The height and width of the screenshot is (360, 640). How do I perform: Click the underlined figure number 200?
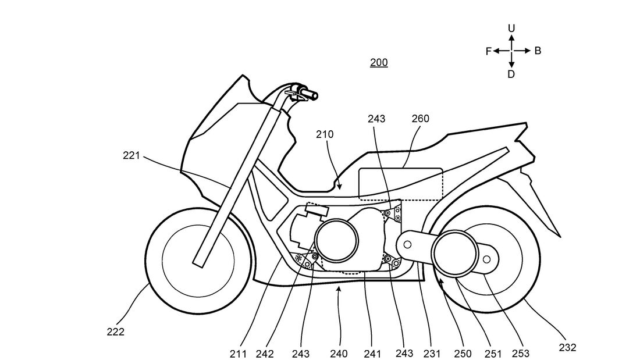pyautogui.click(x=379, y=63)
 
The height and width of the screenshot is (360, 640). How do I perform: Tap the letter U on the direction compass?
pyautogui.click(x=511, y=28)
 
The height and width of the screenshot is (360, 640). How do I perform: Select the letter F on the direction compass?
pyautogui.click(x=489, y=51)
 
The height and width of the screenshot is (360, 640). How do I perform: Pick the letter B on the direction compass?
pyautogui.click(x=538, y=51)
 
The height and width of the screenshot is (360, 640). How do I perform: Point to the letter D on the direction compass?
pyautogui.click(x=511, y=74)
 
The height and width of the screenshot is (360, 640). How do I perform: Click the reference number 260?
pyautogui.click(x=420, y=119)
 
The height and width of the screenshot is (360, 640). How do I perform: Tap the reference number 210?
pyautogui.click(x=325, y=134)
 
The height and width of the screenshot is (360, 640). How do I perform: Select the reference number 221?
pyautogui.click(x=132, y=155)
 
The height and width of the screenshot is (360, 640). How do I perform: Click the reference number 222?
pyautogui.click(x=115, y=332)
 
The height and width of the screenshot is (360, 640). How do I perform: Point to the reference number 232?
pyautogui.click(x=567, y=347)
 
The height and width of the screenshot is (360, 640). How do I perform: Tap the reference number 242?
pyautogui.click(x=266, y=353)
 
